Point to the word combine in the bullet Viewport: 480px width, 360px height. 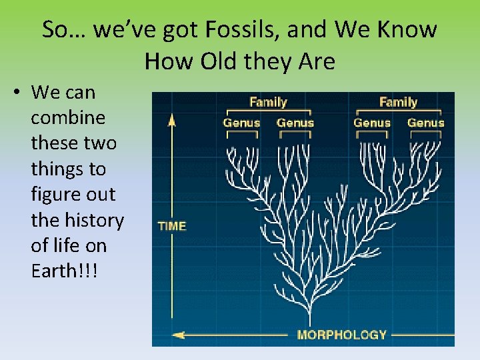click(68, 118)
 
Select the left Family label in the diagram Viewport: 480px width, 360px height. click(268, 102)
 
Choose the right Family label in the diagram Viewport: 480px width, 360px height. click(398, 102)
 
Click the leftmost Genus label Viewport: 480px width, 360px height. click(241, 123)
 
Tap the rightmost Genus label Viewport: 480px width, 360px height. click(426, 123)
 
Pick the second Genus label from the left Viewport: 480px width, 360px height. click(295, 123)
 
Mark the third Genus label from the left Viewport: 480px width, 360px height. click(372, 123)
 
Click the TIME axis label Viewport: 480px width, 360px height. click(172, 226)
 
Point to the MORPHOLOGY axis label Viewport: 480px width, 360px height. click(341, 335)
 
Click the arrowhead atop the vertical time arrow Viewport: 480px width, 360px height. click(171, 120)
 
